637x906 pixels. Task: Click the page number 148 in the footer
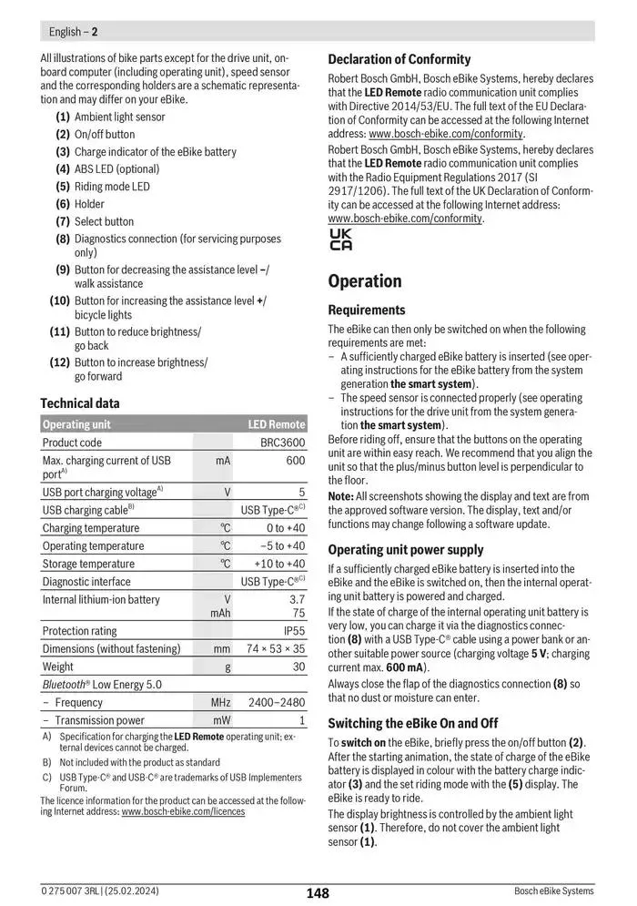click(318, 893)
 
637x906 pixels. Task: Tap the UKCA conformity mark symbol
click(340, 239)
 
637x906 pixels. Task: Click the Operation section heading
click(364, 280)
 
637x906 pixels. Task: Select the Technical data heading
click(80, 402)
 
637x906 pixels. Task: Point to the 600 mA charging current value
click(295, 461)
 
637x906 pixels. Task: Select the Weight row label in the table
click(59, 667)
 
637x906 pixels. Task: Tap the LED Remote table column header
click(277, 424)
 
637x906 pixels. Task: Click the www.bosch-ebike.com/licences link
click(183, 811)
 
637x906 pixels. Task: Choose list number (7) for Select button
click(63, 221)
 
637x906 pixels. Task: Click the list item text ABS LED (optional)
click(116, 168)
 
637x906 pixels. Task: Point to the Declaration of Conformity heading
click(399, 59)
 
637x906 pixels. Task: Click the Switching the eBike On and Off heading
click(413, 723)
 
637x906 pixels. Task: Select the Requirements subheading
click(367, 310)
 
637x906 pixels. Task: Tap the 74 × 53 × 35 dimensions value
click(276, 649)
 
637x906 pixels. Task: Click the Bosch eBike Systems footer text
click(553, 891)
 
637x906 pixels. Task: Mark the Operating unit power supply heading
click(406, 550)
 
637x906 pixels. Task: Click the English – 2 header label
click(73, 32)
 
